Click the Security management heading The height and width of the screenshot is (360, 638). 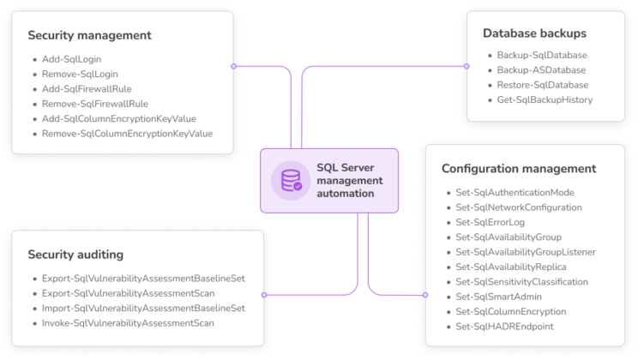click(89, 36)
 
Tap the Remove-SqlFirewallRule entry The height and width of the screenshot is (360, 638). click(95, 104)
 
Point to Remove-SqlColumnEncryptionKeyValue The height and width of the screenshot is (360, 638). click(127, 134)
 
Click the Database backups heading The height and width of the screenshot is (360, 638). click(534, 33)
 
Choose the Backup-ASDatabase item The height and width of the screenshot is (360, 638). click(541, 70)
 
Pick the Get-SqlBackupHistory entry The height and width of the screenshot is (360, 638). click(545, 100)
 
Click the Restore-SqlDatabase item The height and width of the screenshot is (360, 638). click(542, 85)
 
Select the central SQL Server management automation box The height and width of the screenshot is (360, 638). click(330, 180)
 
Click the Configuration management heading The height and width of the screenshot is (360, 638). click(519, 169)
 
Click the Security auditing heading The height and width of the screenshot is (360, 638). click(75, 255)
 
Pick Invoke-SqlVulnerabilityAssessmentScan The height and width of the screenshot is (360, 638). click(128, 323)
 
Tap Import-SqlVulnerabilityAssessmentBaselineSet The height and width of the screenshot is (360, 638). click(143, 308)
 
